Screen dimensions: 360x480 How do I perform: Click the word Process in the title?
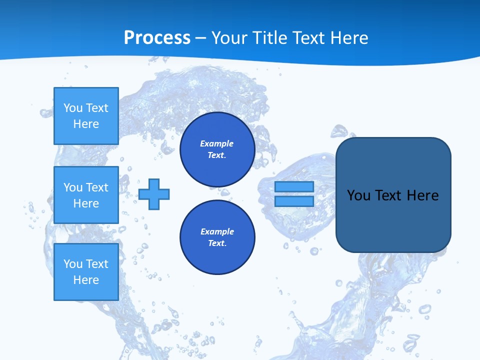click(157, 37)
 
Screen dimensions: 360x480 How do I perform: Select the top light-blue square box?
click(86, 116)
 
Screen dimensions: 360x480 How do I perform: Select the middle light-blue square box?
click(86, 195)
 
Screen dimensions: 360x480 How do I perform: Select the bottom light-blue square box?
click(86, 271)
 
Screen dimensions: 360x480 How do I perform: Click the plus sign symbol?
click(154, 194)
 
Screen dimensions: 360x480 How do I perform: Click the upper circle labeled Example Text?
click(217, 149)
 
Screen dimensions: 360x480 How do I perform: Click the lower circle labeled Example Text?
click(217, 237)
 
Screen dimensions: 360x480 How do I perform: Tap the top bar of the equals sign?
click(294, 186)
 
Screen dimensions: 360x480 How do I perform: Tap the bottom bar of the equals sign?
click(294, 201)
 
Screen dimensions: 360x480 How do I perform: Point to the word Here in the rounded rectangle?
click(422, 195)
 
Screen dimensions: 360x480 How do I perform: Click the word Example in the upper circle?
click(217, 143)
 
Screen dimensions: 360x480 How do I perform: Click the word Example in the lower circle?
click(217, 231)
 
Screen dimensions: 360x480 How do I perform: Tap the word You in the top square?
click(73, 108)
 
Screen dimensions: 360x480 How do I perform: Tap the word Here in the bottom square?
click(86, 280)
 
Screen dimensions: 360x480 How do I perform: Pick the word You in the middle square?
click(73, 187)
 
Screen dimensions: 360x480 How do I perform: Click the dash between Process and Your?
click(201, 38)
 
